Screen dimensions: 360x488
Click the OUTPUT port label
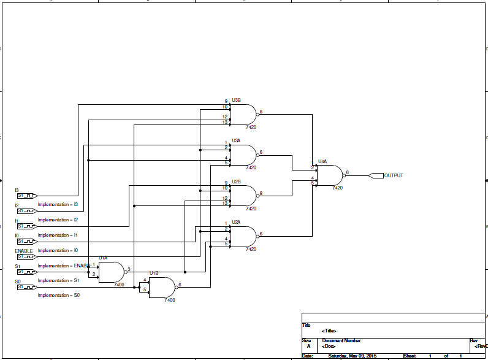tap(394, 175)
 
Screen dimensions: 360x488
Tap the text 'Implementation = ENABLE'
tap(64, 266)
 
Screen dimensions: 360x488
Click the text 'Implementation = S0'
tap(59, 296)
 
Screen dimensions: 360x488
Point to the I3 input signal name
tap(17, 190)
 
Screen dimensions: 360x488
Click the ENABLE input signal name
tap(24, 251)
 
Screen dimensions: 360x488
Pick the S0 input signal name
tap(18, 281)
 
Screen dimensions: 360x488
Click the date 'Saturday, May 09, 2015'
tap(353, 356)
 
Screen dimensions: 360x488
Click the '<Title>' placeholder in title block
tap(329, 331)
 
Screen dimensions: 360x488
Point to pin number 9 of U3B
tap(226, 101)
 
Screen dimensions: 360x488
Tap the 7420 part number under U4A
tap(337, 188)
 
